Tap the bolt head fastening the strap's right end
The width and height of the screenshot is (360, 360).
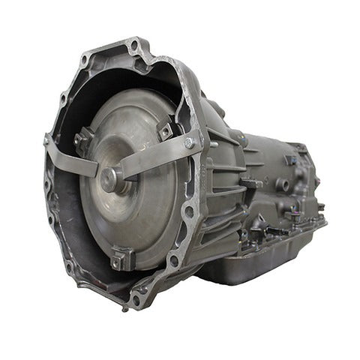[188, 142]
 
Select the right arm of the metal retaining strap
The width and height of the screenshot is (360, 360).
[157, 154]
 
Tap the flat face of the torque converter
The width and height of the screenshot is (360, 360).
[139, 210]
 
